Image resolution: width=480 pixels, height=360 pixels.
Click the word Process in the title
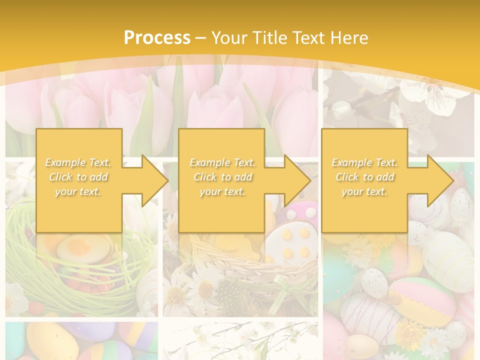pos(157,38)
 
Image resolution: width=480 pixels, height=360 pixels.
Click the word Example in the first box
pos(64,162)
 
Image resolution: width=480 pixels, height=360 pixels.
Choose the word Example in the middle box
pos(208,162)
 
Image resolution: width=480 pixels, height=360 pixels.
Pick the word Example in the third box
pos(350,162)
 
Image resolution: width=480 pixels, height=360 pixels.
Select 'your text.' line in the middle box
pos(222,192)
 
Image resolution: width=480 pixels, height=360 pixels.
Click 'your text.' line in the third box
pos(364,192)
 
